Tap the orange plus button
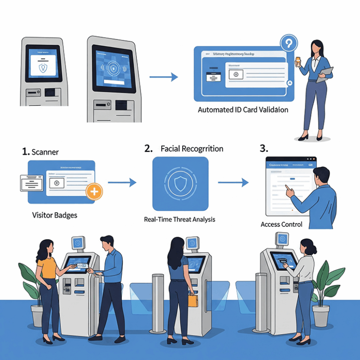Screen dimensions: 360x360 click(94, 191)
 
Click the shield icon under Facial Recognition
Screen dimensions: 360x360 click(180, 184)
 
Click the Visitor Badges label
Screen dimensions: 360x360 click(54, 216)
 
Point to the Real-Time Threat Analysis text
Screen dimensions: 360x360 click(180, 219)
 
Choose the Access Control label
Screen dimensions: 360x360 click(281, 225)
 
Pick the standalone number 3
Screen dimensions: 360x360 click(263, 149)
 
